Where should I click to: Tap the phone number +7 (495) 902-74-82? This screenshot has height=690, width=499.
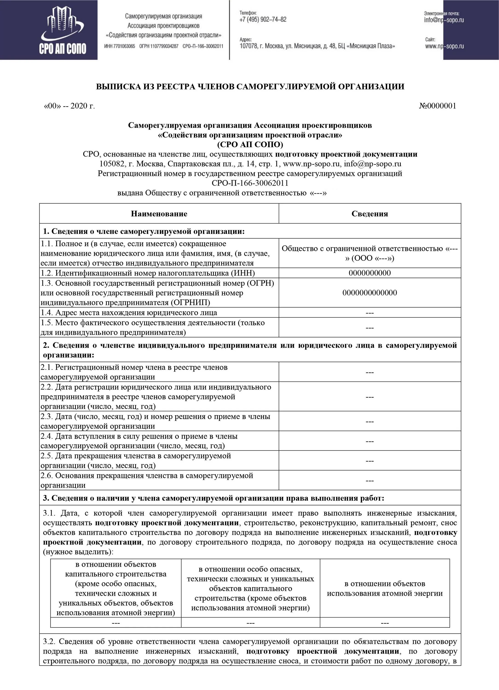[x=263, y=20]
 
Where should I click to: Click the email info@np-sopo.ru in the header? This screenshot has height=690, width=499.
[x=444, y=20]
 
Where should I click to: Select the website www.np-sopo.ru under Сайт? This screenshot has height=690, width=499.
[x=444, y=46]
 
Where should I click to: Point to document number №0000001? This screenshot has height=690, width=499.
[x=438, y=106]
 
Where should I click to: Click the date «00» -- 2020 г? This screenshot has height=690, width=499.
[x=70, y=106]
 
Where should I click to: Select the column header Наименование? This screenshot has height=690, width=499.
[x=159, y=214]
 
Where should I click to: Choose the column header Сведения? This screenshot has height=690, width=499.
[x=370, y=214]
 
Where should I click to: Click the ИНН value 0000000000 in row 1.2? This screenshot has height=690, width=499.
[x=370, y=273]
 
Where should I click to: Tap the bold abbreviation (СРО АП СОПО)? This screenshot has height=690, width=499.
[x=250, y=144]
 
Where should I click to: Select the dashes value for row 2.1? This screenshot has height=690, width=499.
[x=370, y=372]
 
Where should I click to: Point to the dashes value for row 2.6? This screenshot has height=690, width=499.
[x=370, y=480]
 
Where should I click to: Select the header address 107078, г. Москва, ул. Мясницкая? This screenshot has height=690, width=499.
[x=317, y=46]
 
